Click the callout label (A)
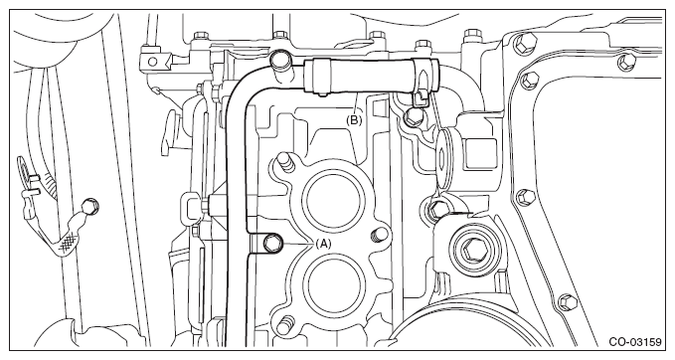click(x=324, y=244)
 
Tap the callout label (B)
click(x=354, y=120)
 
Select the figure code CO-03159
click(x=634, y=342)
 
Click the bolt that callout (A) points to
click(x=272, y=244)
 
